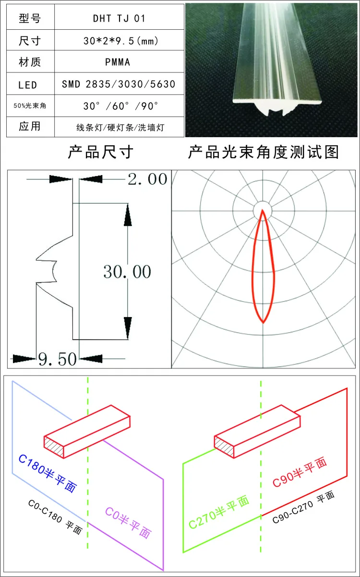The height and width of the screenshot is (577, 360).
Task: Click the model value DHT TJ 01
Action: (120, 19)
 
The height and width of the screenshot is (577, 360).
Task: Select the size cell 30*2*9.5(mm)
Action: (120, 41)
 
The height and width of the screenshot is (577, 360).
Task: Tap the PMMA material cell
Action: (118, 62)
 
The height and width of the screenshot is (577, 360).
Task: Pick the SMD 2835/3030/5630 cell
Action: (119, 84)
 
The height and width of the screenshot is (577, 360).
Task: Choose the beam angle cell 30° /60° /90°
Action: (120, 106)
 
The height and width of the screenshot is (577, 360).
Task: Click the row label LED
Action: (27, 85)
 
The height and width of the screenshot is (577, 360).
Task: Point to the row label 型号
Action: (30, 18)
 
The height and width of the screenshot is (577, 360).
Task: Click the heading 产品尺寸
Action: (101, 152)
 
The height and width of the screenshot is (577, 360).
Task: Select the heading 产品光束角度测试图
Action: (263, 152)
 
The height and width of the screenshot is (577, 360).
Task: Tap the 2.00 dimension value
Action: (148, 179)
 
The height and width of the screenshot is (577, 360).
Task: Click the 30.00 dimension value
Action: (127, 272)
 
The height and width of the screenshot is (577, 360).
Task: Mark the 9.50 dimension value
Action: (58, 359)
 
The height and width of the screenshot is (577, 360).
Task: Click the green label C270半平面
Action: (219, 512)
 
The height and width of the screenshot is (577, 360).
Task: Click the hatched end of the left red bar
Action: (54, 447)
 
